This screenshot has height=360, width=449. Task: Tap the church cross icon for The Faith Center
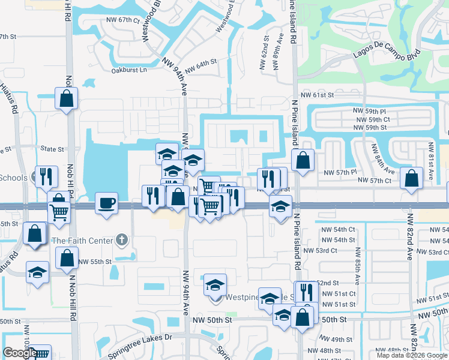point(122,241)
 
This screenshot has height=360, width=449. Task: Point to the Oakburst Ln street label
point(129,70)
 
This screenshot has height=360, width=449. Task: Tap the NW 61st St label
point(317,95)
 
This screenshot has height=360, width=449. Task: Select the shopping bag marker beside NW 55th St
point(67,259)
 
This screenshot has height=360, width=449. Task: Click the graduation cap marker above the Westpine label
point(215,285)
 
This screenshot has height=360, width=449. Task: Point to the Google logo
point(20,353)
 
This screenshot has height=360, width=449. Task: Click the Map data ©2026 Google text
point(412,355)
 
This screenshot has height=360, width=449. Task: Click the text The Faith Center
point(82,241)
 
